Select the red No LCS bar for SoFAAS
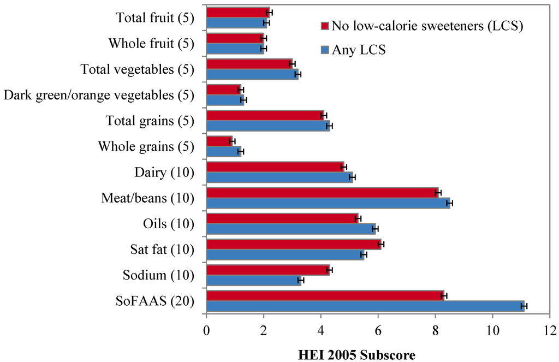click(x=325, y=295)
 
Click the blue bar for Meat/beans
click(x=328, y=203)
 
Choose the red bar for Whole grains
click(x=219, y=141)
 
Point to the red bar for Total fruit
click(x=238, y=12)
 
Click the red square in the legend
click(x=324, y=26)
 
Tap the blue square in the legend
click(x=324, y=50)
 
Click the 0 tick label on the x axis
click(x=206, y=330)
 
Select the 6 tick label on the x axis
click(x=378, y=330)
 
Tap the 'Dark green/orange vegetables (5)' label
click(x=99, y=95)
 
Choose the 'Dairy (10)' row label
click(x=164, y=173)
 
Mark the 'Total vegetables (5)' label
click(x=137, y=69)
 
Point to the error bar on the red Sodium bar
click(x=329, y=270)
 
